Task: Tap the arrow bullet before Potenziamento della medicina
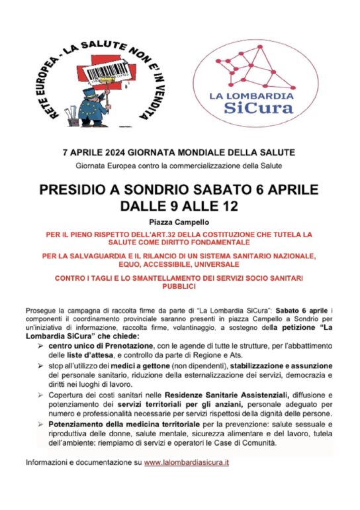click(x=39, y=422)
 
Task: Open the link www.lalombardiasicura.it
click(x=187, y=461)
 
